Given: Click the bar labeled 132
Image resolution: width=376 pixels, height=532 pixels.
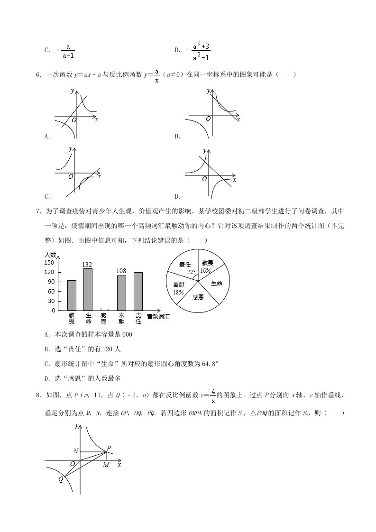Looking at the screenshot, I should pyautogui.click(x=88, y=289).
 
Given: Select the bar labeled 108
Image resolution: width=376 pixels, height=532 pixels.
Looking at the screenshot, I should pyautogui.click(x=121, y=293).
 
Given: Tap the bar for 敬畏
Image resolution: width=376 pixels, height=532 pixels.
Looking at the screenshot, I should pyautogui.click(x=72, y=295).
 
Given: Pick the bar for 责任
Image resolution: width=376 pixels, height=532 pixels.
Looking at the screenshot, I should pyautogui.click(x=138, y=291).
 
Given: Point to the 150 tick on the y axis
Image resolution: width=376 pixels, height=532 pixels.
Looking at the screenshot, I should pyautogui.click(x=49, y=262).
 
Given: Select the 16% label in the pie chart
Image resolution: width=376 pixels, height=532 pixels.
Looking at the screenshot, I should pyautogui.click(x=205, y=270).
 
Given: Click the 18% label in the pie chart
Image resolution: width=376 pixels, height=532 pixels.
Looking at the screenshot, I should pyautogui.click(x=178, y=293).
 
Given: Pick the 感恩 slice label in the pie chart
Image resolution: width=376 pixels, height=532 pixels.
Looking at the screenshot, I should pyautogui.click(x=198, y=297).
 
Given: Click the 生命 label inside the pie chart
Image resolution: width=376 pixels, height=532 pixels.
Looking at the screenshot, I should pyautogui.click(x=216, y=283).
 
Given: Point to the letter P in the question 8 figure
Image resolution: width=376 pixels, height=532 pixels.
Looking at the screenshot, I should pyautogui.click(x=109, y=448).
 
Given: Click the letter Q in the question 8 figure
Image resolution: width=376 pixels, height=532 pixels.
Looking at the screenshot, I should pyautogui.click(x=61, y=479).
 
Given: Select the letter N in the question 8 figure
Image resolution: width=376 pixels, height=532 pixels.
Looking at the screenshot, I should pyautogui.click(x=75, y=451).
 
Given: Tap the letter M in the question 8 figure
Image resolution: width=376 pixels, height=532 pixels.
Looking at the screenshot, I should pyautogui.click(x=106, y=465).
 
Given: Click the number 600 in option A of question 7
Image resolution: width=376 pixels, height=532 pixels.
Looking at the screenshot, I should pyautogui.click(x=127, y=335).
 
